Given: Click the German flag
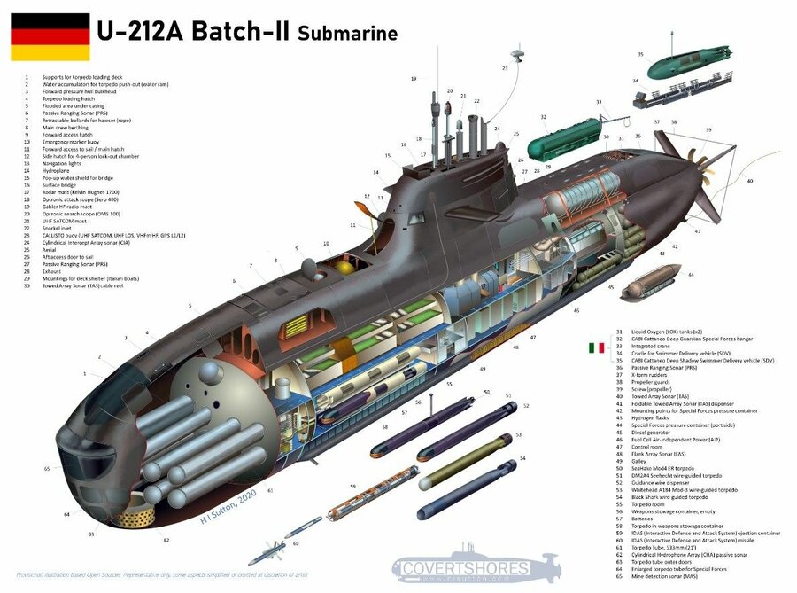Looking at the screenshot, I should [50, 36].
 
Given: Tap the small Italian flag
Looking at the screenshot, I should [598, 347].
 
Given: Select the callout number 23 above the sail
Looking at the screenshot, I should [505, 68].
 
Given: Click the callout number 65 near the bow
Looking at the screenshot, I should [47, 467].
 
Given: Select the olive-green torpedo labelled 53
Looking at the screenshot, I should [465, 461].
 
